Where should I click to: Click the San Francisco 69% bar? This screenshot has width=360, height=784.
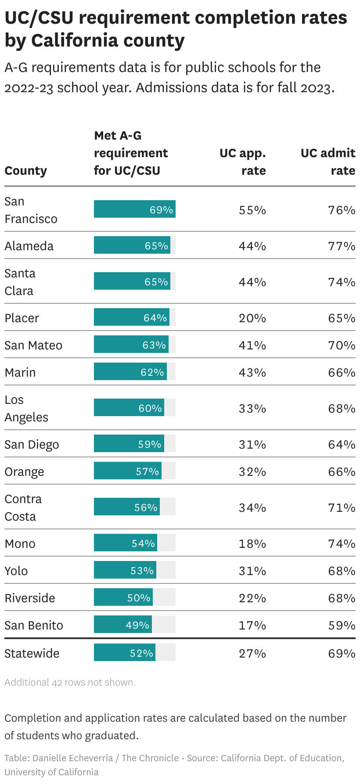[x=134, y=209]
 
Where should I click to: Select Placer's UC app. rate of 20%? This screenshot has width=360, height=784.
[x=252, y=318]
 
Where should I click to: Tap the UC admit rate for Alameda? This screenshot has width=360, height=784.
[x=342, y=246]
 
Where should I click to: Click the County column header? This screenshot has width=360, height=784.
[x=25, y=171]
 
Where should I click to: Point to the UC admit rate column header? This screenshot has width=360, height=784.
[x=328, y=162]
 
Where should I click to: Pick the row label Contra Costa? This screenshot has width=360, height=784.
[x=23, y=507]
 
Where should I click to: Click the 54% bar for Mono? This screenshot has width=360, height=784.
[x=126, y=543]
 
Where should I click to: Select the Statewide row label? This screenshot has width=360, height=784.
[x=32, y=653]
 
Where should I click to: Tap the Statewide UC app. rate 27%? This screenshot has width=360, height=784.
[x=252, y=653]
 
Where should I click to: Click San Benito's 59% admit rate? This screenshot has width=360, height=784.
[x=342, y=625]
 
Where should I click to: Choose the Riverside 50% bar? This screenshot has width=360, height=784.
[x=123, y=598]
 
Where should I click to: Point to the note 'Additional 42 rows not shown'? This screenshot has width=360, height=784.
[x=70, y=682]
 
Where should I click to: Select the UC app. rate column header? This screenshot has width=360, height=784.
[x=243, y=162]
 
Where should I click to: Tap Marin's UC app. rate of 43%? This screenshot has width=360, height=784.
[x=252, y=372]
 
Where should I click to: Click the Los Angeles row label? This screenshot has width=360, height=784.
[x=26, y=408]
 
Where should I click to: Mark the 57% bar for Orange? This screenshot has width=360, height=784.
[x=128, y=471]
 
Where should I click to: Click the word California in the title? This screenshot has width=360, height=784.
[x=70, y=41]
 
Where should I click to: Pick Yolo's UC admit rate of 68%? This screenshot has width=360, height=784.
[x=342, y=571]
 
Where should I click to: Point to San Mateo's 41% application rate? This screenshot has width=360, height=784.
[x=252, y=345]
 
